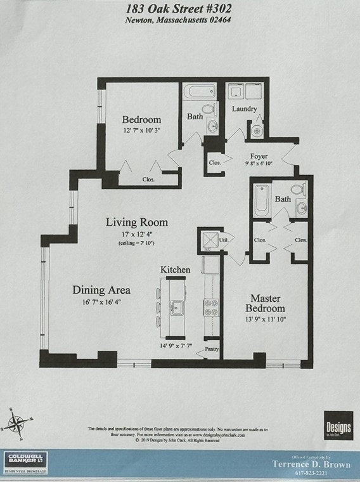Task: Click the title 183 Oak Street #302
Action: click(x=179, y=8)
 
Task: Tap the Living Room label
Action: click(x=137, y=223)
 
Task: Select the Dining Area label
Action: click(x=101, y=290)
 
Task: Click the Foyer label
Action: click(x=259, y=156)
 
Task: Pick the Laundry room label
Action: click(x=244, y=109)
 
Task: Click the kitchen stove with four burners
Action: click(x=211, y=308)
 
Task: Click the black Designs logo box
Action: click(x=338, y=425)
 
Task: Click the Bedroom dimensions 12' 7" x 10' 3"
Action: click(x=141, y=131)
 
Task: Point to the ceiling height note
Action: click(x=136, y=244)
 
